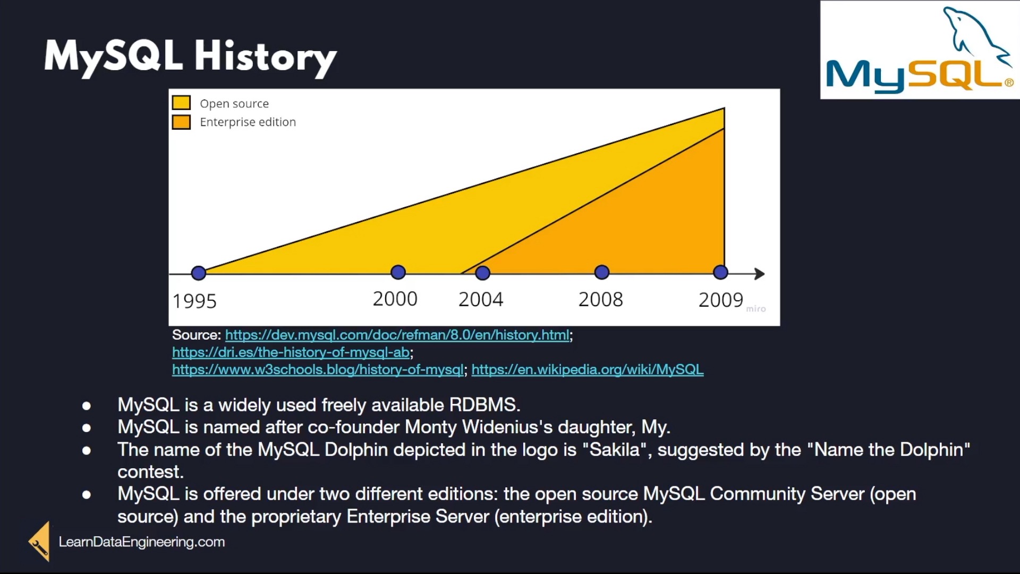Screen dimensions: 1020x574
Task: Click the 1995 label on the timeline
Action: [194, 301]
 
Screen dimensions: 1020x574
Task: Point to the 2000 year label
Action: [395, 299]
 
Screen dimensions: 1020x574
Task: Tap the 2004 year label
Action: [481, 300]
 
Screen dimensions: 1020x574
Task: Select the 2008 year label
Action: [601, 300]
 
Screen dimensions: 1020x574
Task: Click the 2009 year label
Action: [721, 300]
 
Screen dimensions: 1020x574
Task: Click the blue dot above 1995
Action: [199, 273]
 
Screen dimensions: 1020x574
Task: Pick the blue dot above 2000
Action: [398, 272]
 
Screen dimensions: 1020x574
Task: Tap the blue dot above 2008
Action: [602, 272]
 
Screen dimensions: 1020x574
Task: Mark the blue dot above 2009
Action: [720, 272]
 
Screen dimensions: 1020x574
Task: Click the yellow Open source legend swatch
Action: [181, 103]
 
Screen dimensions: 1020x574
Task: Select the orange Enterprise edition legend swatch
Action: [181, 122]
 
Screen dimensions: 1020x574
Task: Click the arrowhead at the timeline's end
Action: [760, 274]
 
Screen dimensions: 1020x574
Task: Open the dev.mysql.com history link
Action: [397, 335]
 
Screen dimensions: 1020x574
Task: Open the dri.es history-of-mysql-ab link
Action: [291, 352]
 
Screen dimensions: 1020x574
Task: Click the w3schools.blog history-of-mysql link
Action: [318, 370]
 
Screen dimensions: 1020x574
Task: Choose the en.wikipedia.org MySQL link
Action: [588, 370]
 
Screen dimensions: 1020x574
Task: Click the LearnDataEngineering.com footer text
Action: [142, 542]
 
